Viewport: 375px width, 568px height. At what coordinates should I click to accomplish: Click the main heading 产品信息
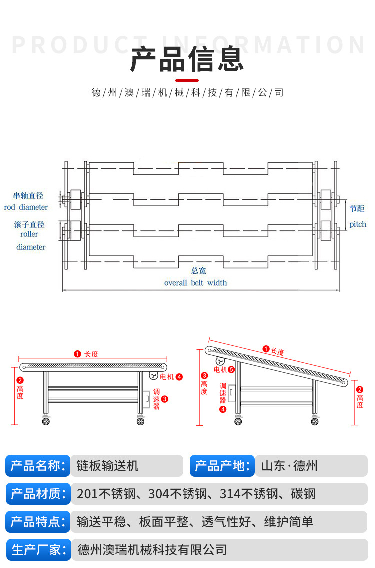pos(187,59)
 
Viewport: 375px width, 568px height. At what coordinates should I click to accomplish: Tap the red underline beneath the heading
pos(187,80)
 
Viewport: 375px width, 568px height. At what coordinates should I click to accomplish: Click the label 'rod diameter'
pos(26,207)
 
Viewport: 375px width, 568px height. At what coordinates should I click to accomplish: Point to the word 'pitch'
pos(358,224)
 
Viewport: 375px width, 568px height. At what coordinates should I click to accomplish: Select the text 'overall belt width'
pos(195,283)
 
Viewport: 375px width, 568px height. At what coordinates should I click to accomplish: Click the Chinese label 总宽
pos(198,271)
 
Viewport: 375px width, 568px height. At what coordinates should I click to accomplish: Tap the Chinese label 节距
pos(357,209)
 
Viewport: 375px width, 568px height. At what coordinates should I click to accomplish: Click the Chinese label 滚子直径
pos(29,225)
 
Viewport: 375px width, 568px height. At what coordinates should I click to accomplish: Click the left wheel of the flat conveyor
pos(46,421)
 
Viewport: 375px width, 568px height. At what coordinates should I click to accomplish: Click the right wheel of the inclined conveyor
pos(315,421)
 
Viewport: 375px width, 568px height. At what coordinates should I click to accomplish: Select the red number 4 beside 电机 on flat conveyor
pos(179,377)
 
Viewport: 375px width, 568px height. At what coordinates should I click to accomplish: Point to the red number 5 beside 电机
pos(231,370)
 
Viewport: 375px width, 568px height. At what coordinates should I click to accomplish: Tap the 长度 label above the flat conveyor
pos(91,354)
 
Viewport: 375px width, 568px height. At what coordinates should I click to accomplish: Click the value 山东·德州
pos(289,466)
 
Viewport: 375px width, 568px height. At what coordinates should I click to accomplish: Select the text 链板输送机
pos(107,466)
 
